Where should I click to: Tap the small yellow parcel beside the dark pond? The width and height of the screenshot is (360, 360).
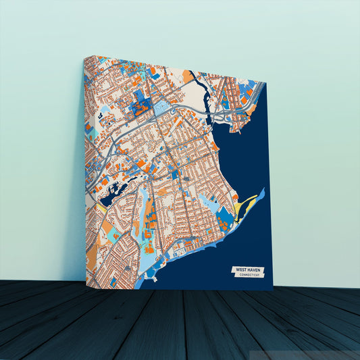pyautogui.click(x=101, y=207)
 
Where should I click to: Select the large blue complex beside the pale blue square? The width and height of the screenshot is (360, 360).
pyautogui.click(x=141, y=104)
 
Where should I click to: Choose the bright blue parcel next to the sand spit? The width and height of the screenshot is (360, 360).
pyautogui.click(x=224, y=215)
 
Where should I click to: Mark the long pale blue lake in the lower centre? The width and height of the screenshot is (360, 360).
pyautogui.click(x=143, y=205)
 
